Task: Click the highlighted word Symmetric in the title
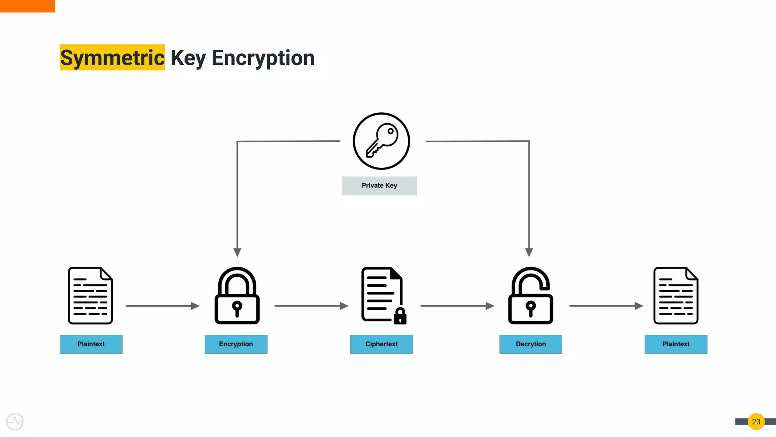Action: pyautogui.click(x=112, y=58)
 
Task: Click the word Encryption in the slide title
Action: pyautogui.click(x=263, y=58)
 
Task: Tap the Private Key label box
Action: pyautogui.click(x=379, y=186)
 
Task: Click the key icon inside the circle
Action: pyautogui.click(x=382, y=141)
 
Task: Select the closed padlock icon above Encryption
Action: pyautogui.click(x=237, y=296)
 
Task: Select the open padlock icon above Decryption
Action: pyautogui.click(x=530, y=296)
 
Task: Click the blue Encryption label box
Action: pyautogui.click(x=236, y=344)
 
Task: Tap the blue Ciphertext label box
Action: pyautogui.click(x=381, y=344)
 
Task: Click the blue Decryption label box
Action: pyautogui.click(x=530, y=344)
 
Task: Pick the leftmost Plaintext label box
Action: pyautogui.click(x=91, y=344)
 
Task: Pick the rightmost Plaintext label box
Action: pyautogui.click(x=676, y=344)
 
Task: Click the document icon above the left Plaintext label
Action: pyautogui.click(x=90, y=296)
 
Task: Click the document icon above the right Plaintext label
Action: pyautogui.click(x=676, y=296)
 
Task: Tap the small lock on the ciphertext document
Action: pyautogui.click(x=400, y=316)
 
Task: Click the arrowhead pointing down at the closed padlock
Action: pyautogui.click(x=237, y=252)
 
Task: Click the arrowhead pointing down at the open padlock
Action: pyautogui.click(x=529, y=252)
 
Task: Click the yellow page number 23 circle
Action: pyautogui.click(x=756, y=421)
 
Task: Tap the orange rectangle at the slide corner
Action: pyautogui.click(x=27, y=6)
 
